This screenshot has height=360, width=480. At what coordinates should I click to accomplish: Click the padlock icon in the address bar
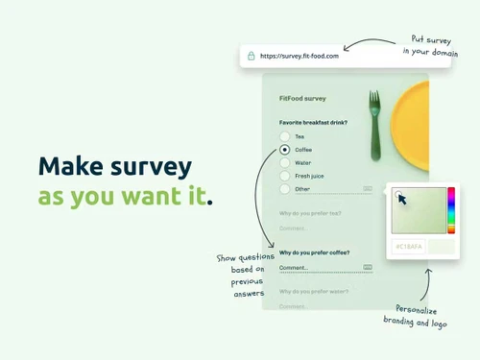pyautogui.click(x=251, y=56)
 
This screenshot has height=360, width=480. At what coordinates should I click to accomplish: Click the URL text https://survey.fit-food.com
pyautogui.click(x=300, y=56)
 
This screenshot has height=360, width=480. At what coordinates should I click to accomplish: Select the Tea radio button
pyautogui.click(x=285, y=136)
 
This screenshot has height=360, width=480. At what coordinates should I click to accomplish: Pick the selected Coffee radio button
pyautogui.click(x=285, y=150)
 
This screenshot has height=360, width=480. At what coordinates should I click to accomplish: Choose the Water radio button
pyautogui.click(x=285, y=163)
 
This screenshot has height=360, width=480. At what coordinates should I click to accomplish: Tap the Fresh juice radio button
pyautogui.click(x=285, y=176)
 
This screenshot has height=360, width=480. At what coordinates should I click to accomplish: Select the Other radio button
pyautogui.click(x=285, y=189)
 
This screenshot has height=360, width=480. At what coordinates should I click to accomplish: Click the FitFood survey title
pyautogui.click(x=302, y=98)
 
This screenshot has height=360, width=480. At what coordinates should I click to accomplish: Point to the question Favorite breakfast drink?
pyautogui.click(x=314, y=123)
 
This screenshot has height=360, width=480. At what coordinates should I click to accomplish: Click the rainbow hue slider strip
pyautogui.click(x=451, y=210)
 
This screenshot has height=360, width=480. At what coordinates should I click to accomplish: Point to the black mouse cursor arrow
pyautogui.click(x=403, y=199)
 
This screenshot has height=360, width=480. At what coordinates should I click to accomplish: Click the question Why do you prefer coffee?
pyautogui.click(x=314, y=253)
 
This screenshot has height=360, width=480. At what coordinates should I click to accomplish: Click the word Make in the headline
pyautogui.click(x=72, y=167)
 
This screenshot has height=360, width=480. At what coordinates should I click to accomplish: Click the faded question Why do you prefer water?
pyautogui.click(x=313, y=291)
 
